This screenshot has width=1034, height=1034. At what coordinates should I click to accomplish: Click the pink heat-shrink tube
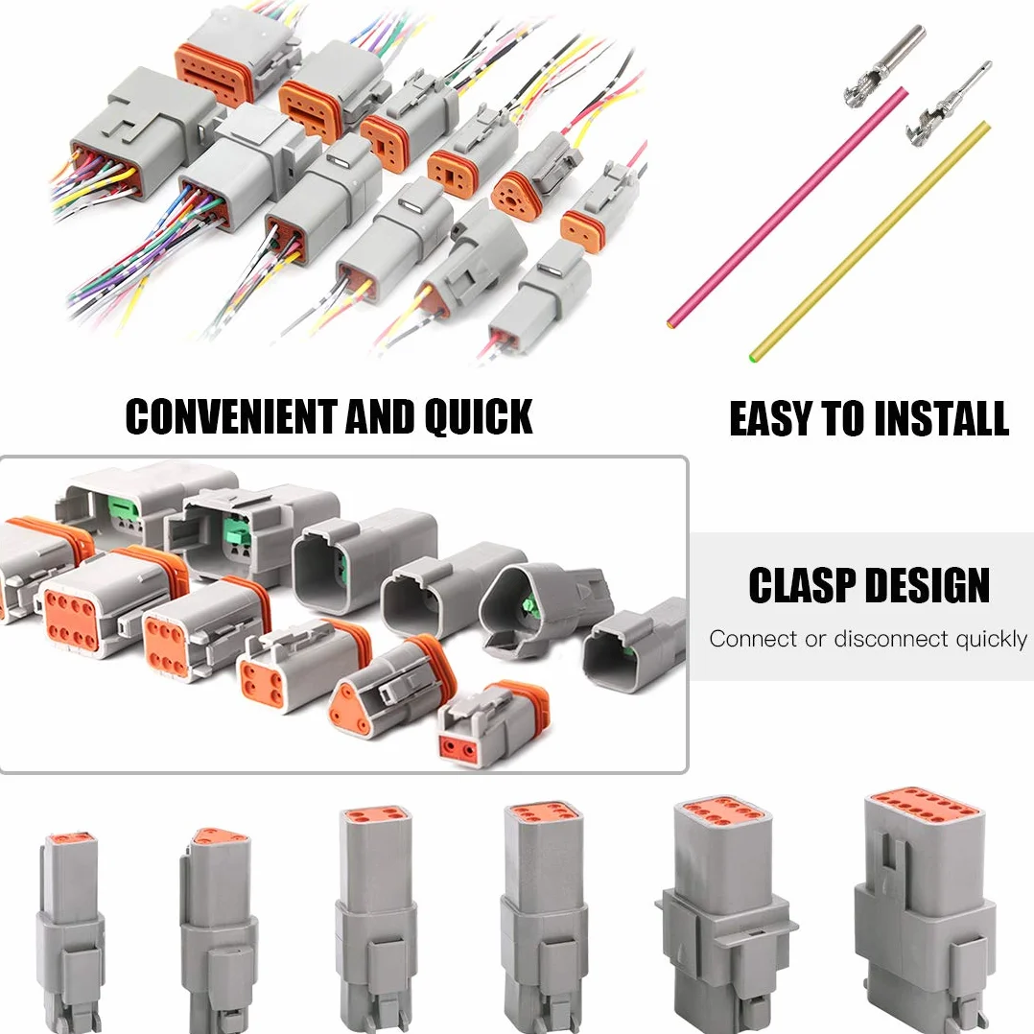click(x=787, y=207)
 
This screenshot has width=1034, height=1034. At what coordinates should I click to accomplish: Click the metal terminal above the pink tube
click(x=885, y=63)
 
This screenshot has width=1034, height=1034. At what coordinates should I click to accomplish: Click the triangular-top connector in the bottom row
click(x=219, y=928)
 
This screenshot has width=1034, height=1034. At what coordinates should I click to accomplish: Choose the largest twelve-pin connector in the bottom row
click(x=925, y=910)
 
